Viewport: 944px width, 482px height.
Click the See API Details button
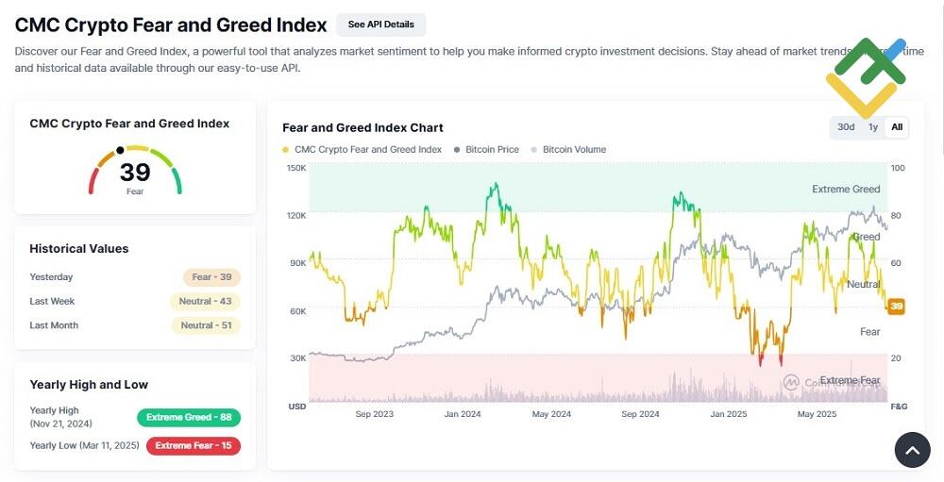380,25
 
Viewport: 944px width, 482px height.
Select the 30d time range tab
846,127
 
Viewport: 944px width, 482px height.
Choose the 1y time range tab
873,127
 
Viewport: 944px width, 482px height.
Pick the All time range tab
897,127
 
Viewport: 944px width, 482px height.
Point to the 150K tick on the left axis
296,168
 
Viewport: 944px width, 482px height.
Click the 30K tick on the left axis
296,358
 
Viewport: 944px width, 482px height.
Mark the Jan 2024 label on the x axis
463,414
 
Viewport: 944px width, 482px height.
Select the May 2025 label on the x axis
818,414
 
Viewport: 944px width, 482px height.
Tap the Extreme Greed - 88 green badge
189,417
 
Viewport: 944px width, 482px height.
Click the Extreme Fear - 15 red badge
194,445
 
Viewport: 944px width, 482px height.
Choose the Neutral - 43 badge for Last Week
205,302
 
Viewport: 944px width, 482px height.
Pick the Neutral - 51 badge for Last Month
205,325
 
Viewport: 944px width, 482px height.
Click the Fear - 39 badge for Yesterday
211,277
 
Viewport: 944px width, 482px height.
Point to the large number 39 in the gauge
135,173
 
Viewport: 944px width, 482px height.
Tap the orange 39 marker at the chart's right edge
897,307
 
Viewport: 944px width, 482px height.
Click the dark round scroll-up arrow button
912,451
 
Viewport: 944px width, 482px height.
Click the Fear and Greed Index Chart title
362,127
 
